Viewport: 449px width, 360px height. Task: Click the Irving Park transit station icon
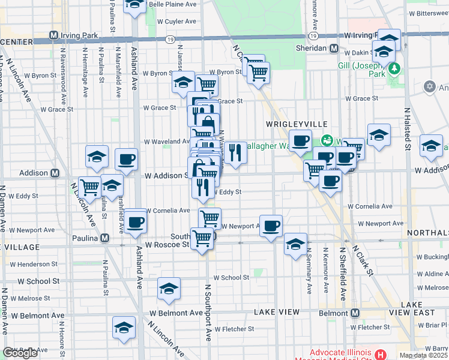click(x=55, y=35)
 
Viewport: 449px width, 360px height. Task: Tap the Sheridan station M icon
click(x=333, y=48)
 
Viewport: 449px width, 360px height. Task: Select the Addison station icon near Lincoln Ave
click(x=55, y=173)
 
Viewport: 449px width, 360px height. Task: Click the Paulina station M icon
click(x=104, y=238)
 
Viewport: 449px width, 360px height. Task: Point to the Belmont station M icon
click(x=355, y=313)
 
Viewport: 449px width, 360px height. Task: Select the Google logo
click(x=20, y=353)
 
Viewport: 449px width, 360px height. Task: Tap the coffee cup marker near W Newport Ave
click(x=271, y=226)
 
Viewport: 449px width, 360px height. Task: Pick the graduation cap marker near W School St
click(x=169, y=289)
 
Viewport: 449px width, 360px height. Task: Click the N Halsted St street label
click(x=407, y=129)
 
